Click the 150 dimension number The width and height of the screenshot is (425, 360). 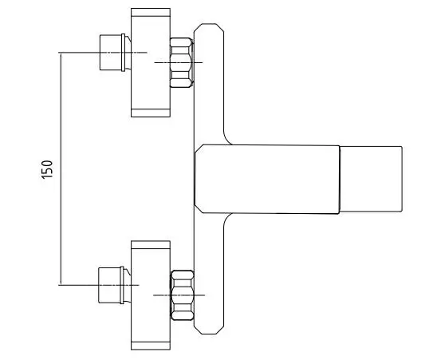coord(47,169)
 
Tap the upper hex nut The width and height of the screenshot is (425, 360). coord(182,63)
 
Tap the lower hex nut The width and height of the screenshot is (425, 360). coord(182,295)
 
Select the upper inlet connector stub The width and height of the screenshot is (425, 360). coord(111,52)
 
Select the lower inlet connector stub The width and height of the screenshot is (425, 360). coord(109,285)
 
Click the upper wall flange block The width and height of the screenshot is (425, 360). coord(151,63)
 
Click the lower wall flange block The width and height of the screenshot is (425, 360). coord(151,295)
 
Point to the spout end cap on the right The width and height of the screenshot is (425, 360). coord(371,179)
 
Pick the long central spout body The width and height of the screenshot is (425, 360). coord(267,179)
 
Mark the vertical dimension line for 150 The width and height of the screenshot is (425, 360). coord(61,168)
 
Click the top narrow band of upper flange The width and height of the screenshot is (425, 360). coord(151,12)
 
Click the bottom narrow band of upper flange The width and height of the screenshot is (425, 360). coord(151,113)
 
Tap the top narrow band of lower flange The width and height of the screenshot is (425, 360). coord(151,245)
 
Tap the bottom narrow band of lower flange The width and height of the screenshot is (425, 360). coord(151,346)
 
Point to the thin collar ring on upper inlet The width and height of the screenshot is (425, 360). coord(124,53)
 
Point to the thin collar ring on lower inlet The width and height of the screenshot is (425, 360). coord(122,285)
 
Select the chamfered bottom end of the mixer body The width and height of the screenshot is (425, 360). coord(209,329)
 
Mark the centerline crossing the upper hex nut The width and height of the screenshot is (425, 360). coord(179,63)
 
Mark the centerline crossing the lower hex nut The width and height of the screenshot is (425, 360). coord(179,295)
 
